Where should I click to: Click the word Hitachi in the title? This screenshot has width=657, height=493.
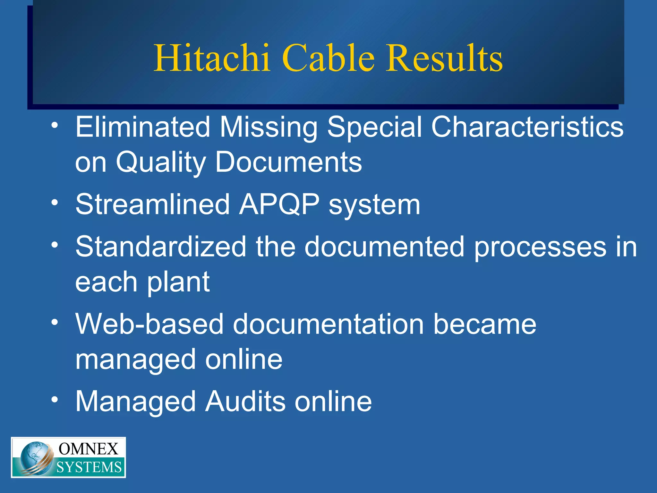212,58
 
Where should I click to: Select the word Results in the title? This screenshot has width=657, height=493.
444,58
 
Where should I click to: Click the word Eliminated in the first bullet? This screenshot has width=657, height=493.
142,127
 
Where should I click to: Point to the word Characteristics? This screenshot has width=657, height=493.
527,127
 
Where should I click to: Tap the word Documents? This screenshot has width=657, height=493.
288,162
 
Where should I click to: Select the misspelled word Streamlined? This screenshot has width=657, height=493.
152,204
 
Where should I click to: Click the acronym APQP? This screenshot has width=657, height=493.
279,204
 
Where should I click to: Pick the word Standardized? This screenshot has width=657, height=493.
160,246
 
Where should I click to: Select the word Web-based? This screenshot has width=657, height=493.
149,324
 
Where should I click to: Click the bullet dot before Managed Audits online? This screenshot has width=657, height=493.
55,400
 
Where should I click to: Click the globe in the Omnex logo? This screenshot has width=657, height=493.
34,457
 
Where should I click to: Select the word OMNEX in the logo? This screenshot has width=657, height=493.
88,449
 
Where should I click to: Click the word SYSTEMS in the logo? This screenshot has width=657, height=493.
89,467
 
